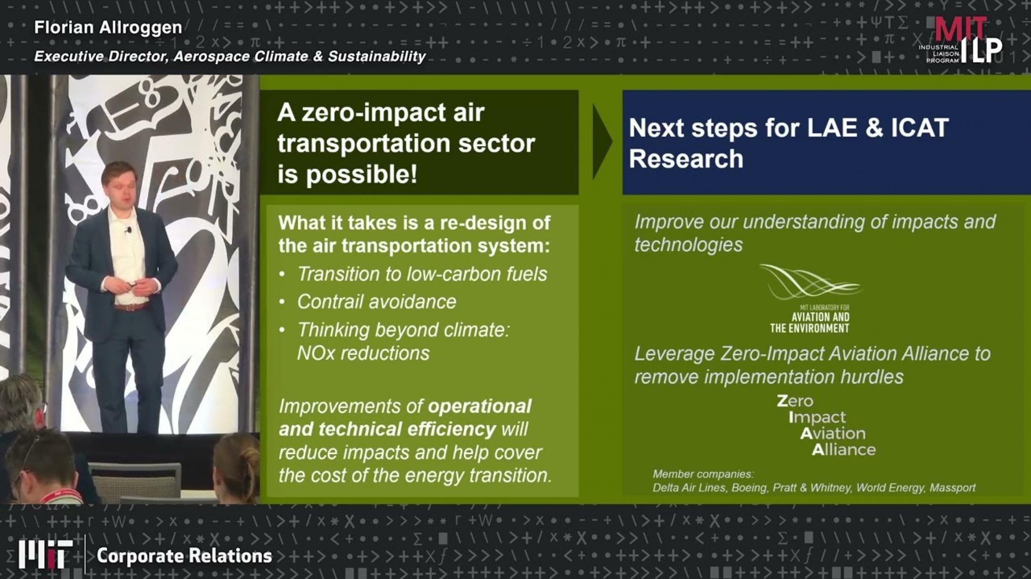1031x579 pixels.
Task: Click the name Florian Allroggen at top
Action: [x=108, y=28]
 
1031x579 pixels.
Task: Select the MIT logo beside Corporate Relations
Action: [x=45, y=554]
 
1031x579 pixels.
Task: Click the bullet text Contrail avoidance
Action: [x=376, y=302]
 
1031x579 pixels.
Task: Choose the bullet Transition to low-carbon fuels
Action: [x=422, y=274]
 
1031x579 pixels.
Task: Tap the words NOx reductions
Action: [x=363, y=353]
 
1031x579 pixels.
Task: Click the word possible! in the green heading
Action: [x=361, y=174]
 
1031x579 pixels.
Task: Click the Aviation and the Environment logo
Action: [x=809, y=299]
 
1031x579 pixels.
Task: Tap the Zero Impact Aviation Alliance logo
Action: [x=826, y=425]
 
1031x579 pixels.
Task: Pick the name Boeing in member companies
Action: [x=749, y=488]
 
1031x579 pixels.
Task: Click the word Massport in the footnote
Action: [x=952, y=488]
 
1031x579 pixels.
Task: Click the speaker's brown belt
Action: [x=131, y=307]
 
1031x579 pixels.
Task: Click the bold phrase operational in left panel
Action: [x=479, y=406]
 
